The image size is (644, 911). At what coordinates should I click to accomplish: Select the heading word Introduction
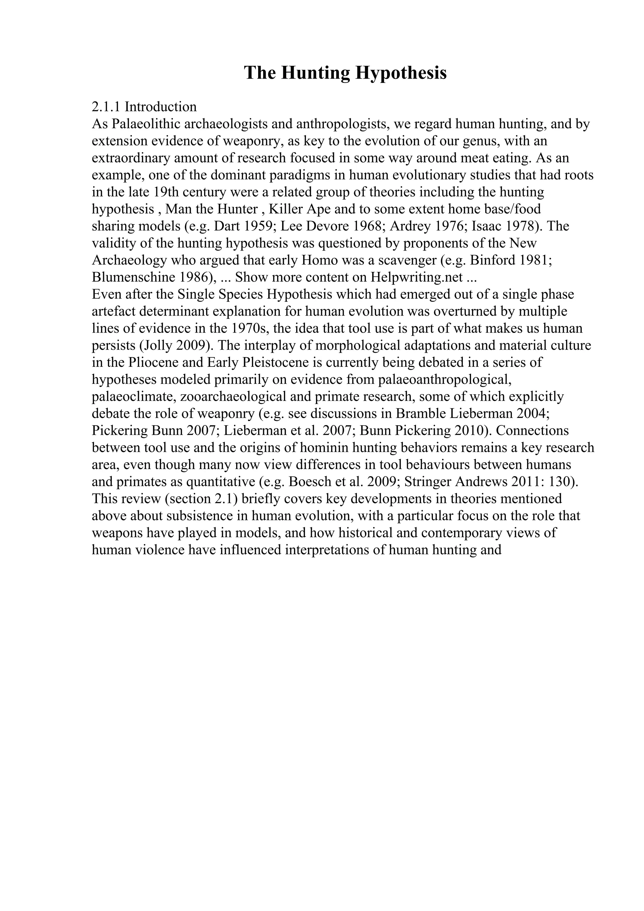coord(161,107)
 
